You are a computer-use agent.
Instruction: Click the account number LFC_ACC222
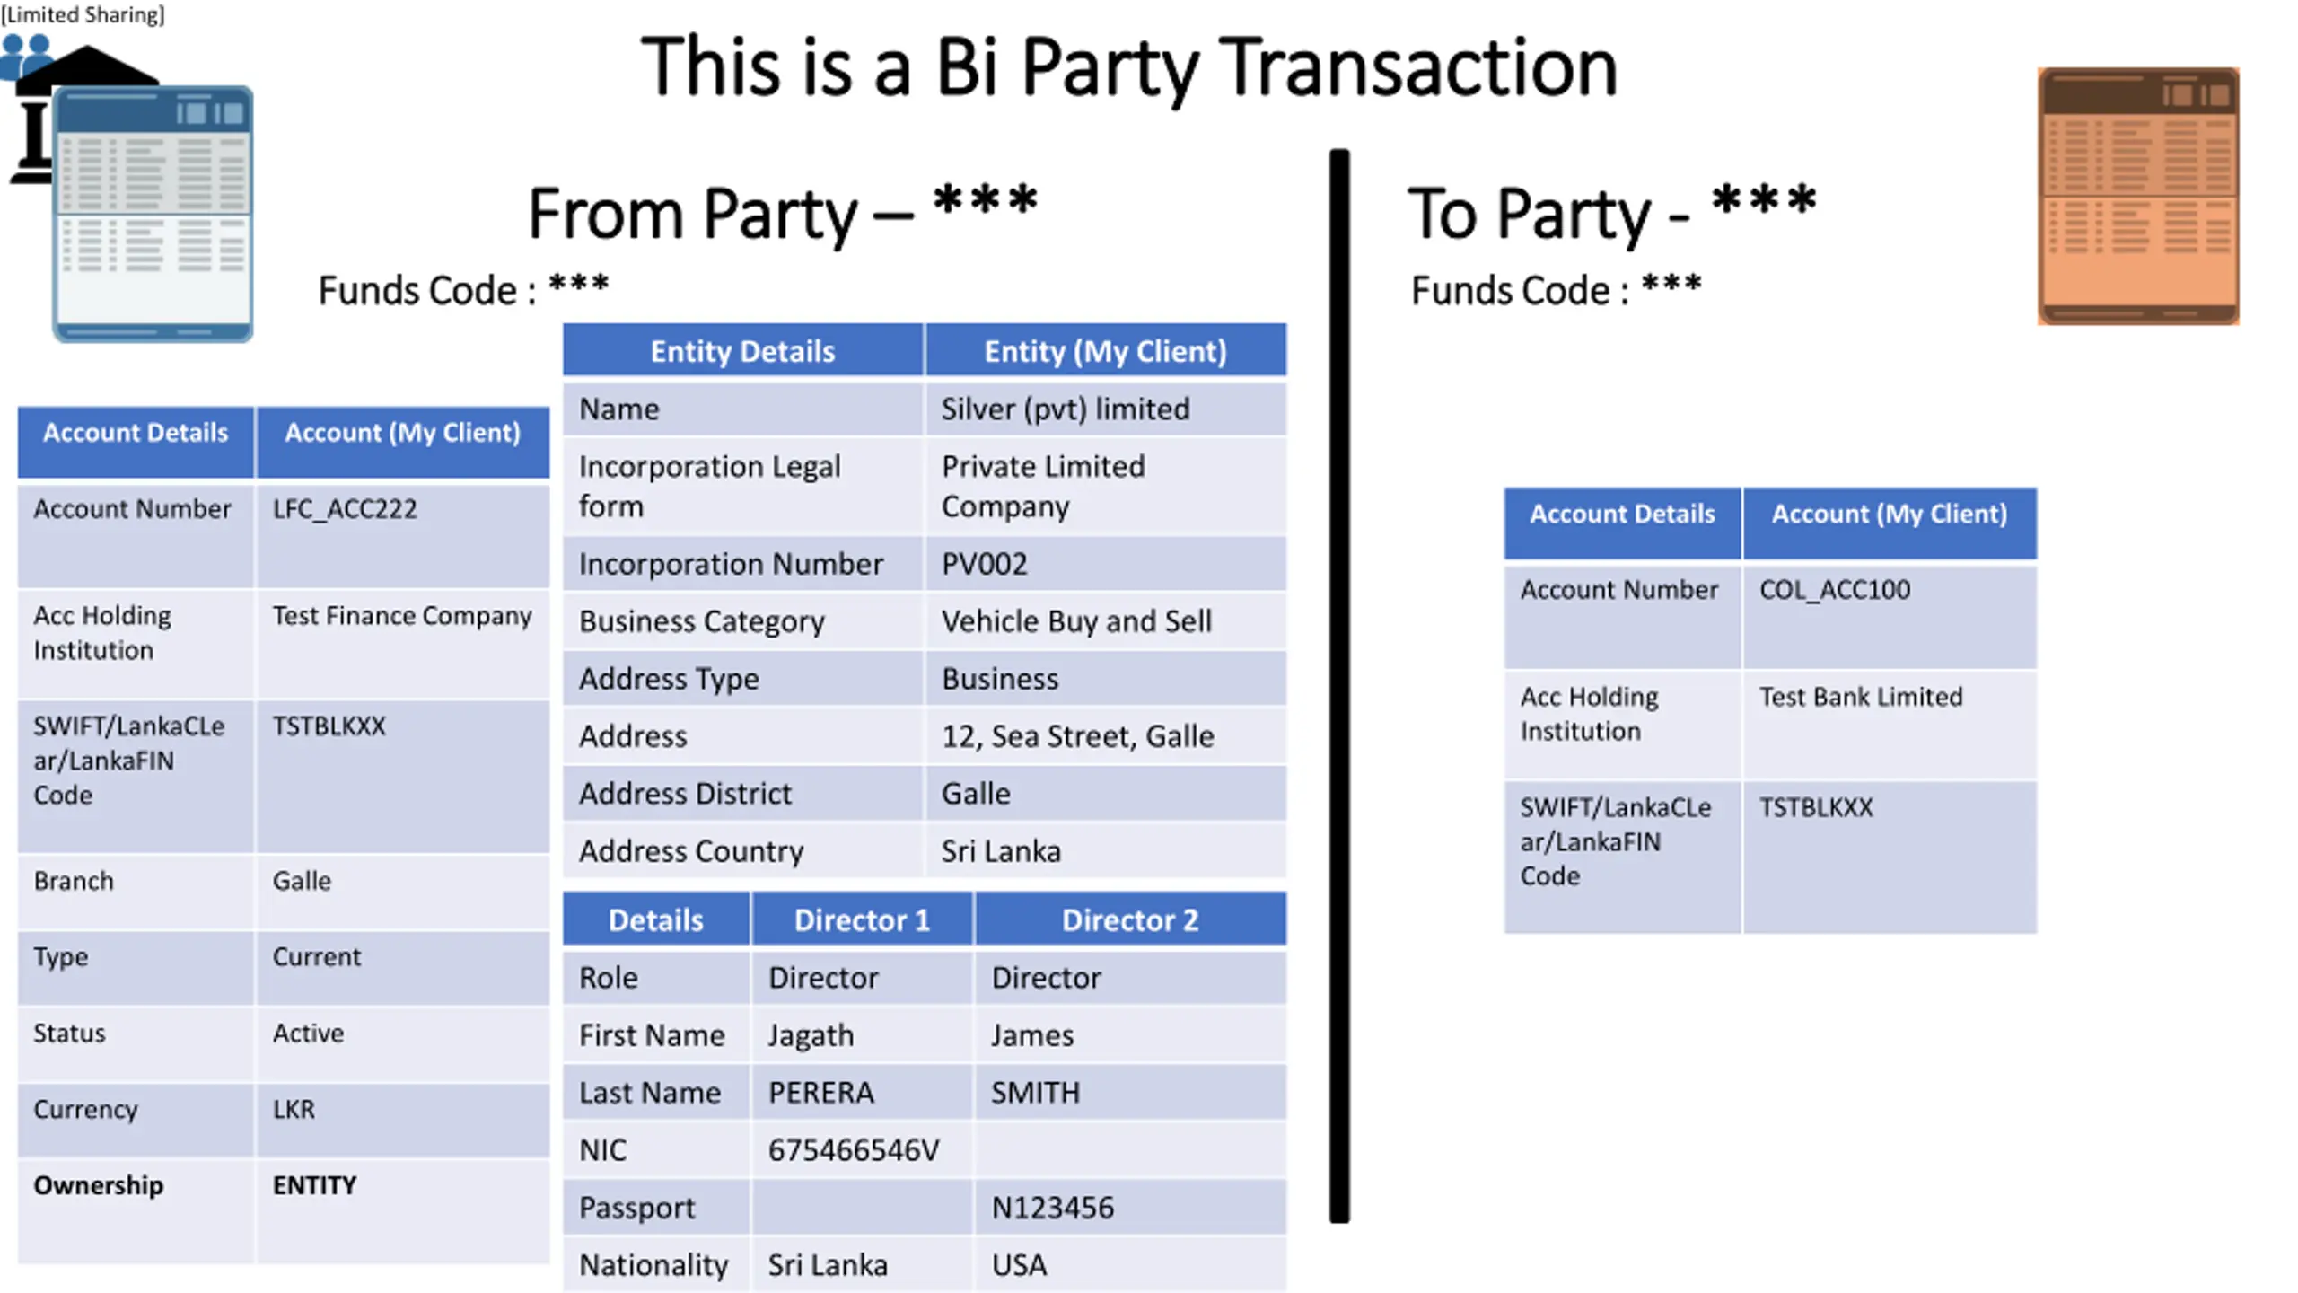[x=345, y=509]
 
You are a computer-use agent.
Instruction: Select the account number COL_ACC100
[x=1834, y=590]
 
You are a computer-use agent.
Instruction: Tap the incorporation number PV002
[x=984, y=564]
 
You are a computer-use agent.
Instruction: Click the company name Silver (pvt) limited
[x=1065, y=409]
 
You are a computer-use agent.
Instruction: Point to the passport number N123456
[x=1052, y=1208]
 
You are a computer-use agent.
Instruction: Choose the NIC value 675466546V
[x=853, y=1150]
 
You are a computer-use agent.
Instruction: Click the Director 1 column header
[x=862, y=920]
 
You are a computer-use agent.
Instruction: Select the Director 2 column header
[x=1129, y=920]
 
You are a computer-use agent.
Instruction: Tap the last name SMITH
[x=1035, y=1093]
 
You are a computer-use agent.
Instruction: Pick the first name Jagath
[x=811, y=1035]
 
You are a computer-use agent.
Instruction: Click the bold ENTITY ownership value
[x=314, y=1186]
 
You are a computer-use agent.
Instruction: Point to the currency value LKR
[x=294, y=1110]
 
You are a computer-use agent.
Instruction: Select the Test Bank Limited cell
[x=1860, y=697]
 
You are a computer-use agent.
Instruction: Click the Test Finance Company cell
[x=402, y=616]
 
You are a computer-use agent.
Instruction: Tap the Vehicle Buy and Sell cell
[x=1075, y=621]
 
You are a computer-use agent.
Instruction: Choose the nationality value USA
[x=1019, y=1265]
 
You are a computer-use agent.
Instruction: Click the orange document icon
[x=2138, y=196]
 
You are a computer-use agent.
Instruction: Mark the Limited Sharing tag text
[x=83, y=14]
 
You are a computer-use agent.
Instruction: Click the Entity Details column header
[x=742, y=351]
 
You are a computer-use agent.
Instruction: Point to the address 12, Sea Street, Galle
[x=1077, y=736]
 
